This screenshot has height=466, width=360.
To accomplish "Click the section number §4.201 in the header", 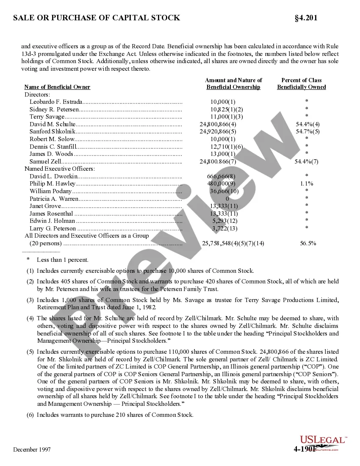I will pyautogui.click(x=306, y=18).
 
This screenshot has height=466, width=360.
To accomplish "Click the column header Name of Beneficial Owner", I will pyautogui.click(x=57, y=87).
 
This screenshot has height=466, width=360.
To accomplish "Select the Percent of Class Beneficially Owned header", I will pyautogui.click(x=302, y=83).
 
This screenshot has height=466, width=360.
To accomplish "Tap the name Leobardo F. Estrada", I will pyautogui.click(x=55, y=102).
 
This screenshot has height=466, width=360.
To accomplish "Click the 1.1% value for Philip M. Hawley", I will pyautogui.click(x=306, y=183).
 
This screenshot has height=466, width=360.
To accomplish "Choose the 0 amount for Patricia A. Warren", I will pyautogui.click(x=227, y=198).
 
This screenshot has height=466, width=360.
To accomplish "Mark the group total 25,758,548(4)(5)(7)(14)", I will pyautogui.click(x=233, y=243).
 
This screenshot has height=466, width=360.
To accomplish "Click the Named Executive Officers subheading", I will pyautogui.click(x=59, y=169).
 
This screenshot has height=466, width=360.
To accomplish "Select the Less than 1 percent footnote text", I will pyautogui.click(x=63, y=260).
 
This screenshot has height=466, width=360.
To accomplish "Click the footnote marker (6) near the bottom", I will pyautogui.click(x=30, y=415).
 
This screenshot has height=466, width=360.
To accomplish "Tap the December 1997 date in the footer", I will pyautogui.click(x=32, y=449).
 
